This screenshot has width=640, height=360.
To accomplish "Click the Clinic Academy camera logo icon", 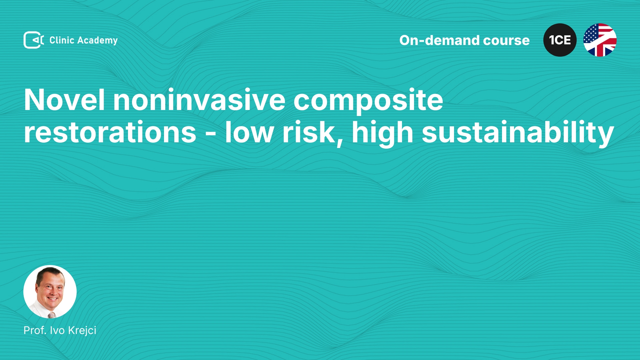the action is (34, 40).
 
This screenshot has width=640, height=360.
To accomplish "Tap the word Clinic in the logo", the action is (62, 40).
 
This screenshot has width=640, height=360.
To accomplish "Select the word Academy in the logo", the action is (97, 41).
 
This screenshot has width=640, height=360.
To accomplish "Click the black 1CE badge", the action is (560, 40).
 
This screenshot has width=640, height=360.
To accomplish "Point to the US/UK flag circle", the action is (600, 40).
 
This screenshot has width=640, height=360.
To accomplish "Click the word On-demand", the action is (439, 40).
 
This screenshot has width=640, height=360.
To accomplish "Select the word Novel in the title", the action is (64, 100).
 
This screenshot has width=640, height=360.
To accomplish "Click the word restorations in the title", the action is (110, 133).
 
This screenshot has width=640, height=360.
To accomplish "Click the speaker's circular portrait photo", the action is (50, 292).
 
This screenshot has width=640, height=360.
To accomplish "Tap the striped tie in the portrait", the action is (51, 315).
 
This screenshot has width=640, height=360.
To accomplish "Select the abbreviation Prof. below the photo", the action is (35, 330).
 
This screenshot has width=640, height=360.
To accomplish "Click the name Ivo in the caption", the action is (57, 330).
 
